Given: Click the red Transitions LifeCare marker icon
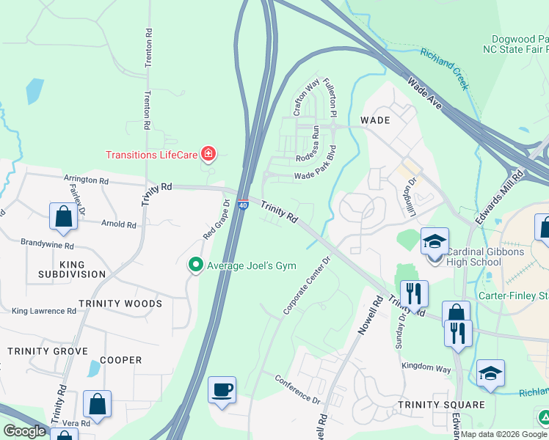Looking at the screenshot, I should coord(209,154).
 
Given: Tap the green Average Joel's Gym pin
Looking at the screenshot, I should coord(195,265).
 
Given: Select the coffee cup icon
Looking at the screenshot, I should coord(222,390).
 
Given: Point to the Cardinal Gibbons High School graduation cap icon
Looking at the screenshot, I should coord(435,242).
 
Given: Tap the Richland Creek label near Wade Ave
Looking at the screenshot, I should coord(443,68).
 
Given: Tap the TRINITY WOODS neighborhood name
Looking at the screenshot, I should coord(120,304).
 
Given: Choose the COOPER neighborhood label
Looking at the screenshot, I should coord(120,360).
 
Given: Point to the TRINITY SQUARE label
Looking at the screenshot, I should coord(441,405).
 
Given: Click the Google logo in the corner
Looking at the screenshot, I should coord(24,431).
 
